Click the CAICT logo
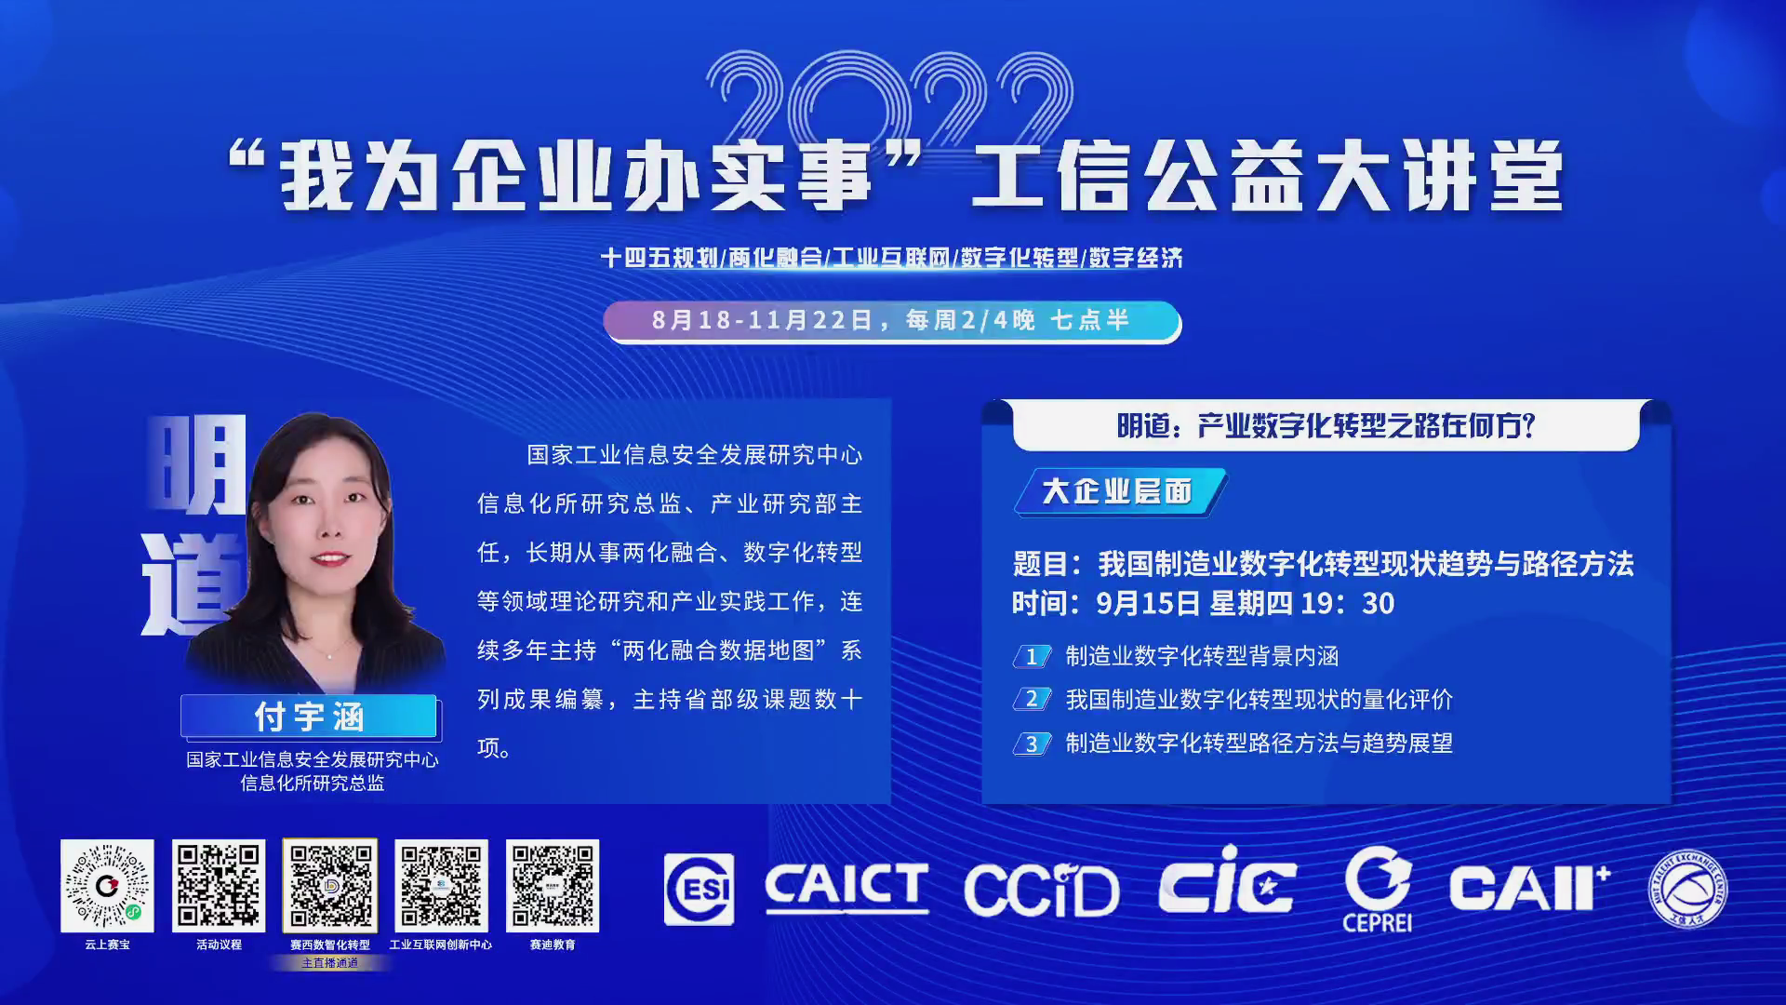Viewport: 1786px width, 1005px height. (846, 887)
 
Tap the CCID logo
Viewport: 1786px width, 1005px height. (1041, 891)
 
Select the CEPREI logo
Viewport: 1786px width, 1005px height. (1378, 889)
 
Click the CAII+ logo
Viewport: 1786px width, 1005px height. (1528, 887)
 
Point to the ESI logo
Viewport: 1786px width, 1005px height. (699, 890)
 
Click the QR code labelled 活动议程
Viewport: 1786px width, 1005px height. (219, 886)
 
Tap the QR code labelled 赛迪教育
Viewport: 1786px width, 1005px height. (553, 886)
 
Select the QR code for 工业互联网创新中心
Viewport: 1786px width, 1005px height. (441, 886)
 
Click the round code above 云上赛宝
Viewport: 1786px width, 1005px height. (107, 886)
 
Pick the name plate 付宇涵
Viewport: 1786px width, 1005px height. (309, 717)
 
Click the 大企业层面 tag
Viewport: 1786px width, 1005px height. (1119, 491)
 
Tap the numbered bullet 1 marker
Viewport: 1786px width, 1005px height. (1032, 656)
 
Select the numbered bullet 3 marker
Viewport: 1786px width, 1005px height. (1032, 744)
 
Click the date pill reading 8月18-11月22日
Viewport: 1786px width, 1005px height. (892, 321)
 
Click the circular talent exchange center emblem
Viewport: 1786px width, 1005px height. (1687, 889)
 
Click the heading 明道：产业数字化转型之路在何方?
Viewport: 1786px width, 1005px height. (1326, 426)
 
